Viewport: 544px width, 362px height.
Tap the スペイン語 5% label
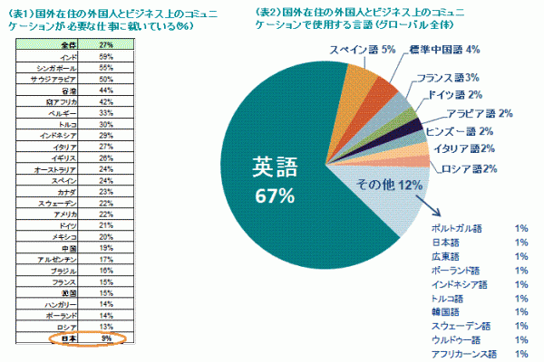click(361, 50)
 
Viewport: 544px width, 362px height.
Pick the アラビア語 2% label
click(480, 114)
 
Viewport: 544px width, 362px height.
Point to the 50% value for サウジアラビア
click(105, 78)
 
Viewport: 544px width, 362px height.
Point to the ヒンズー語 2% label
click(471, 132)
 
